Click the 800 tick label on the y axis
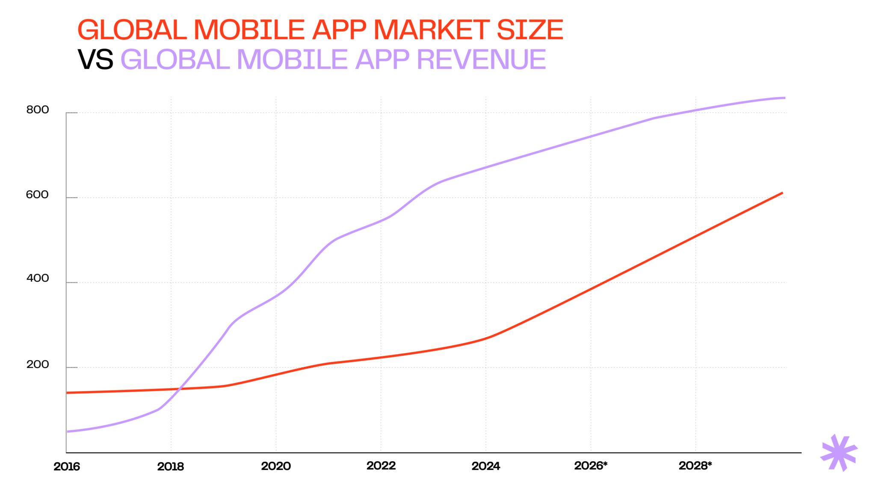coord(38,110)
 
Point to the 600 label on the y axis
coord(38,195)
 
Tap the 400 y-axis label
coord(38,278)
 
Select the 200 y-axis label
coord(38,365)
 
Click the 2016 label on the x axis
coord(67,466)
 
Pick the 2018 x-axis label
coord(171,466)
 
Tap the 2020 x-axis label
coord(276,466)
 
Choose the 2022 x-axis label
coord(381,466)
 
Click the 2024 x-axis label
coord(486,466)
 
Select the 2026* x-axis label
coord(591,466)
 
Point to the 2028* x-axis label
coord(695,466)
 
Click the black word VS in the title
coord(95,59)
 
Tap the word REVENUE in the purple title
coord(481,59)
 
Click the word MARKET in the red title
coord(431,30)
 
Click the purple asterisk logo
coord(839,453)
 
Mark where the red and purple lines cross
coord(178,389)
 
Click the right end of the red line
coord(782,193)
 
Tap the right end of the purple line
coord(784,98)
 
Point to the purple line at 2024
coord(486,167)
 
